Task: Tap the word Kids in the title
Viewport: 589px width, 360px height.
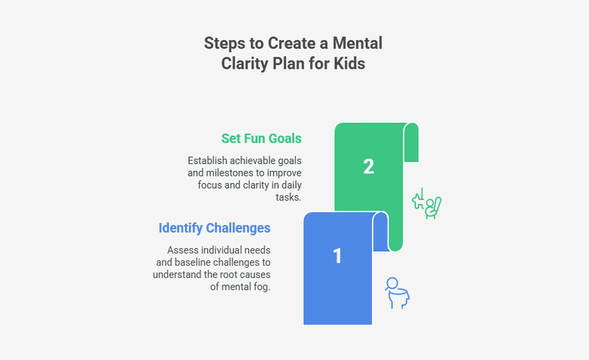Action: coord(349,63)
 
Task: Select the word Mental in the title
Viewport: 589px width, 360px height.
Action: coord(357,43)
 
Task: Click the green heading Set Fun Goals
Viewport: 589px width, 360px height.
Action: coord(261,138)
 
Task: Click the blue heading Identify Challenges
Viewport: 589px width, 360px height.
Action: coord(215,228)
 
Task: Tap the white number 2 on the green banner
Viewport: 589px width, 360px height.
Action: coord(369,167)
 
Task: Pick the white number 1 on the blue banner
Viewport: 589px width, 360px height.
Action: coord(337,256)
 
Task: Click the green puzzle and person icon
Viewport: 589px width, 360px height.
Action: coord(427,204)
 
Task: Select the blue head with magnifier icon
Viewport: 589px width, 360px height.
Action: coord(397,293)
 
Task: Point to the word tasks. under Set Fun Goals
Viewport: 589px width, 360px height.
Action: coord(288,197)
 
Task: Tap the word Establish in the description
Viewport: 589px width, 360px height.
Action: coord(208,161)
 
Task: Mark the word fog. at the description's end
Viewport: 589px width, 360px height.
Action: coord(261,287)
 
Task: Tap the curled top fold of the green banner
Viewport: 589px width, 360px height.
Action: coord(411,142)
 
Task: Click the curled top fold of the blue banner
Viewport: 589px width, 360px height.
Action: coord(380,231)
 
